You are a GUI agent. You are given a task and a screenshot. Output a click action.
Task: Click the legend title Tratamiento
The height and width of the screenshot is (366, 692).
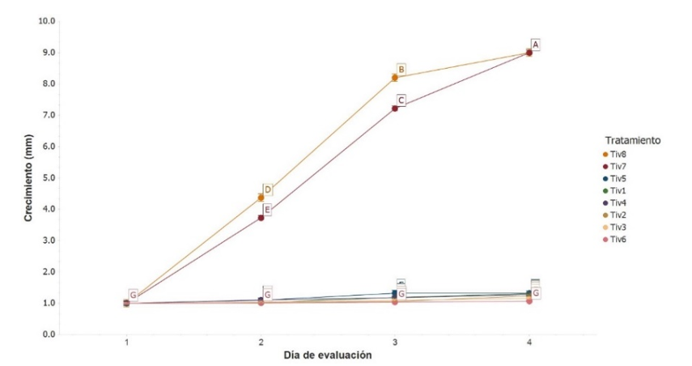coord(630,140)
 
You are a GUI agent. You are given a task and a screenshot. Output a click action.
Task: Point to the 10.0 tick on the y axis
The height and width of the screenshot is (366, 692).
coord(45,21)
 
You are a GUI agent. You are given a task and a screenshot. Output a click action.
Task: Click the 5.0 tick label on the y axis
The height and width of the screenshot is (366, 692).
coord(48,178)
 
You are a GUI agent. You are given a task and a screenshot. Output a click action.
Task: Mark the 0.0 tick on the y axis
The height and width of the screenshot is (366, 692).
coord(48,334)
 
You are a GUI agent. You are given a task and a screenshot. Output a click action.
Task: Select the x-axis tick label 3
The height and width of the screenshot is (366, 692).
coord(395,343)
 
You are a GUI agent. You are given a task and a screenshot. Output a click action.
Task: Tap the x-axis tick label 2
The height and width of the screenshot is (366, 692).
coord(261,343)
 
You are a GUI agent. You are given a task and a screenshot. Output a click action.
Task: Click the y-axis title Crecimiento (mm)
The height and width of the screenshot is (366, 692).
coord(28,177)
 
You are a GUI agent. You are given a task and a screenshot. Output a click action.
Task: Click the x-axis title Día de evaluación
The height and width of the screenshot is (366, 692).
coord(328,355)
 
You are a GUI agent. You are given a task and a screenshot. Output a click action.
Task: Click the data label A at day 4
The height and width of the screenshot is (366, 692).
coord(535,44)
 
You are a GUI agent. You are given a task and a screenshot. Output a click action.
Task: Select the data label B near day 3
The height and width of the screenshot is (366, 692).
coord(401,70)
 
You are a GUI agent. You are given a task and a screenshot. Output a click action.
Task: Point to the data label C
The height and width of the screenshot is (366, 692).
coord(401,100)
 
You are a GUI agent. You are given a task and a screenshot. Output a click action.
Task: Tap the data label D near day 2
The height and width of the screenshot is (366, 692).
coord(267,189)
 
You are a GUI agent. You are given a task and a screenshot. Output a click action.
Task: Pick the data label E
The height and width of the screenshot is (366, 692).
coord(267,210)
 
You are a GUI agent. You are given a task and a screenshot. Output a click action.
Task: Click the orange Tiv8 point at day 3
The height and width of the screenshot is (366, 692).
coord(395,78)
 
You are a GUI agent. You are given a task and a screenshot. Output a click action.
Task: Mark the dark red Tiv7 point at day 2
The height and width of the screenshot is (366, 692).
coord(261,218)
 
